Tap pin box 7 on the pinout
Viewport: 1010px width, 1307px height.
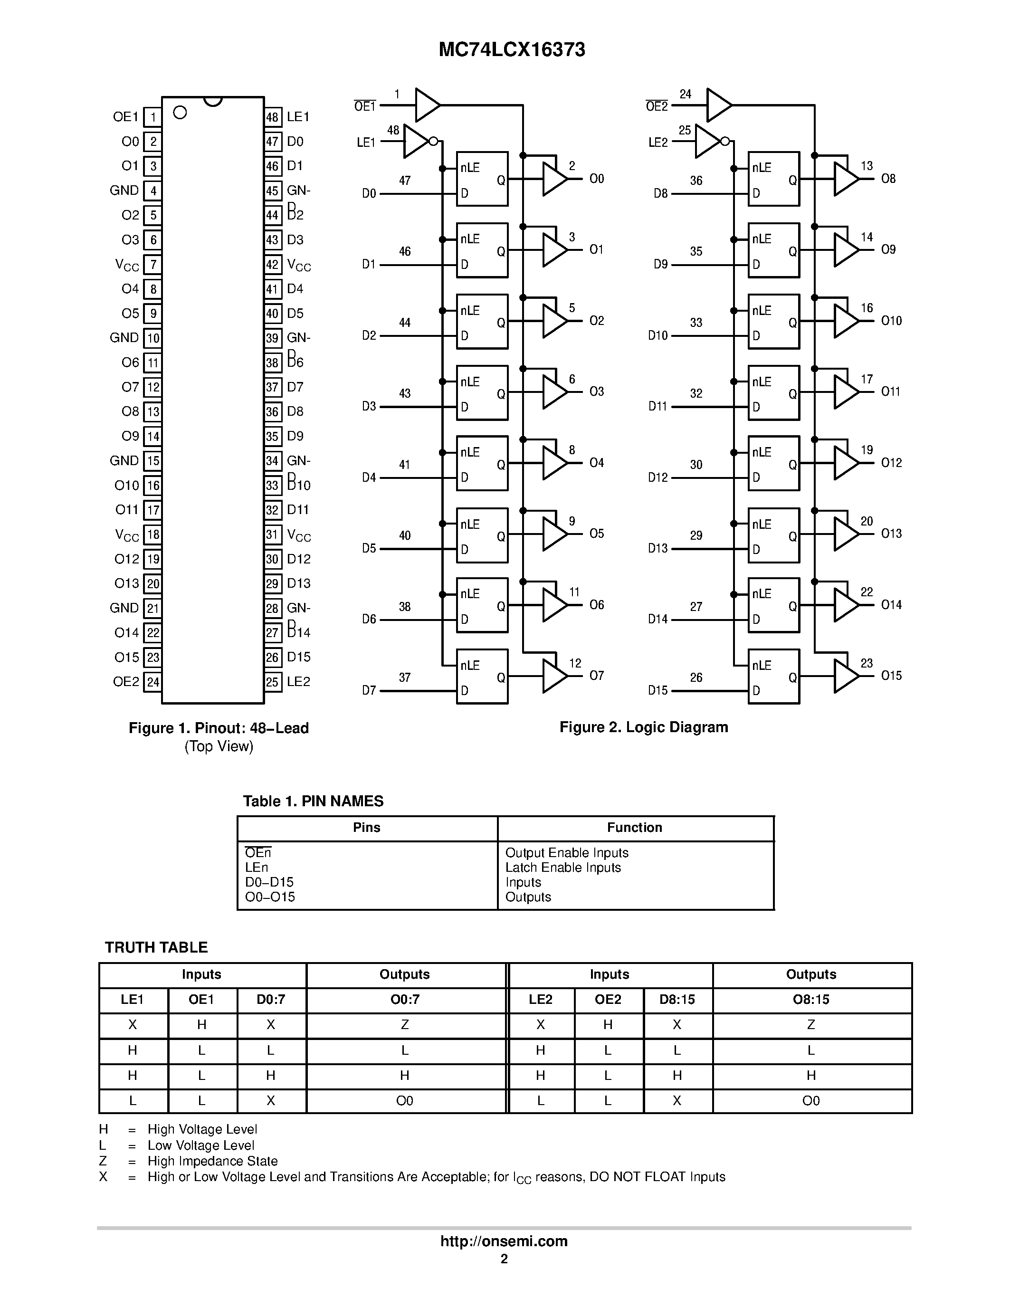(153, 265)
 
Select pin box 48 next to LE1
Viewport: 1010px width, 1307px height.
(273, 117)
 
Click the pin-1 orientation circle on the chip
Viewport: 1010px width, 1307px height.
(180, 113)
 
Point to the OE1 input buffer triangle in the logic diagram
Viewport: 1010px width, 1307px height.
(426, 105)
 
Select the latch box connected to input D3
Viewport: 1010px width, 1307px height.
(482, 392)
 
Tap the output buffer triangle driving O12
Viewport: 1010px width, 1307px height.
(845, 463)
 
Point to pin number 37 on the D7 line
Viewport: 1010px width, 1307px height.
(405, 677)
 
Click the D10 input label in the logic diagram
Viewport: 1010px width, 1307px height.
(657, 336)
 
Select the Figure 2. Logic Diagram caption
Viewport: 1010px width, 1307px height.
(644, 727)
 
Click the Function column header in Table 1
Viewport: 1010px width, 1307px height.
(635, 828)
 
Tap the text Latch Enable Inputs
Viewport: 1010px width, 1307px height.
(563, 868)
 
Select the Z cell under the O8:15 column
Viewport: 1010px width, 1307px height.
(811, 1024)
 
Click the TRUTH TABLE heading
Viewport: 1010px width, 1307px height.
(156, 947)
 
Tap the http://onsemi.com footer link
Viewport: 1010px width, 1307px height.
(504, 1241)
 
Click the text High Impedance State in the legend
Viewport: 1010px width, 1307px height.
(212, 1161)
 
